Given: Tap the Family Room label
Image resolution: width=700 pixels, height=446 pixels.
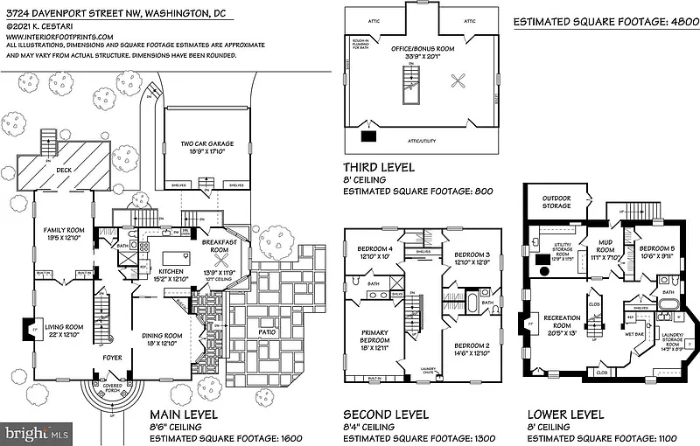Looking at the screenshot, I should click(x=64, y=229).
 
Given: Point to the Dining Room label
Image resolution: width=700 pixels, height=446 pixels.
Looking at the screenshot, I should click(x=163, y=336).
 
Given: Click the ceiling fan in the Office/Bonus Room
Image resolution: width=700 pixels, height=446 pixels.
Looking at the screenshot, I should click(x=458, y=82).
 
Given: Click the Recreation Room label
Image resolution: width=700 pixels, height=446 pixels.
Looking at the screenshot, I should click(x=562, y=317).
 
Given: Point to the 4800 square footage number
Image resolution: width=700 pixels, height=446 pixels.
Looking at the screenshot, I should click(x=673, y=21).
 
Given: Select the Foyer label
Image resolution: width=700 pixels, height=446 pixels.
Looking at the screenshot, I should click(x=113, y=357).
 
